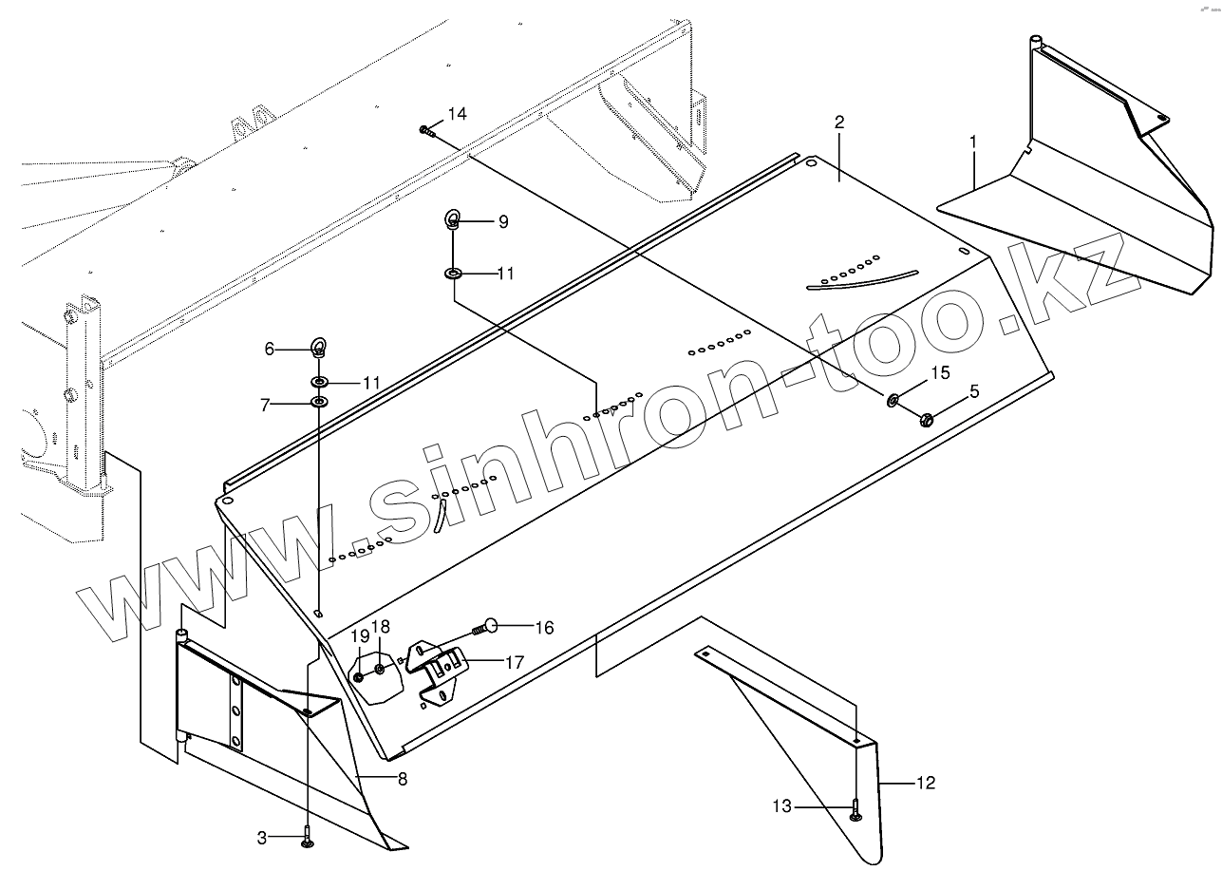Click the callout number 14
coord(457,114)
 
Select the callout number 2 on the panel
coord(838,122)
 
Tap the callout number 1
coord(973,142)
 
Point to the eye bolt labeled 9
coord(453,222)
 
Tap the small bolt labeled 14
coord(426,131)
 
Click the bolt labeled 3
coord(307,838)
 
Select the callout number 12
coord(926,783)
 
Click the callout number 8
coord(403,779)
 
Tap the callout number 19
coord(361,635)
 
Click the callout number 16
coord(544,627)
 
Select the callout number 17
coord(514,661)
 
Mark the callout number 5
coord(974,389)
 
